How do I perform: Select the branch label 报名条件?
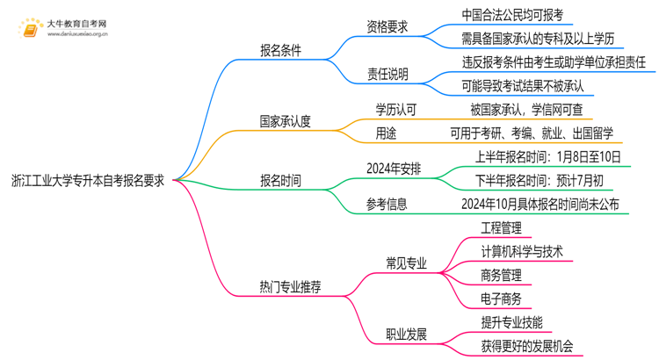click(x=280, y=51)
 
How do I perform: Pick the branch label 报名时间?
click(x=280, y=181)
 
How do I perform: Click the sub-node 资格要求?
click(x=387, y=26)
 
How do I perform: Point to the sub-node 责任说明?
click(x=387, y=75)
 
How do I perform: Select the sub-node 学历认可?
click(x=387, y=110)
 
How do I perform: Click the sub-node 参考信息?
click(x=387, y=205)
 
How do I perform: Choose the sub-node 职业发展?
click(x=406, y=334)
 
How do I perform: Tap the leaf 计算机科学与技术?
click(x=522, y=251)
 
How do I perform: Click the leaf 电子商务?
click(x=502, y=299)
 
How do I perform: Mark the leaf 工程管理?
click(x=502, y=227)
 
